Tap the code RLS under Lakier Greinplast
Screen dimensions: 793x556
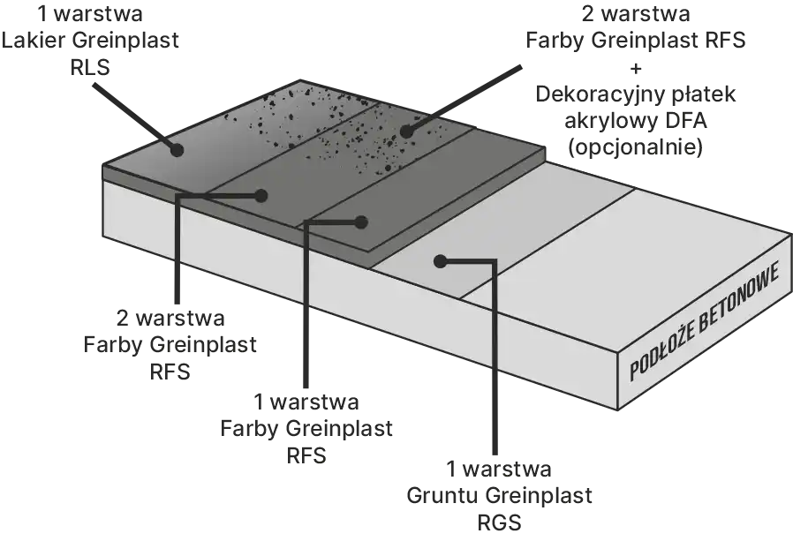(x=90, y=67)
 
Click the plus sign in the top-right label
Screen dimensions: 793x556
(x=636, y=68)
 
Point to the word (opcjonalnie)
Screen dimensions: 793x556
(x=636, y=147)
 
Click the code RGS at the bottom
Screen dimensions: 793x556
(x=499, y=522)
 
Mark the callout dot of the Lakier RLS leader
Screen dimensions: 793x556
(x=177, y=150)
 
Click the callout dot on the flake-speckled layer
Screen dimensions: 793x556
(x=406, y=131)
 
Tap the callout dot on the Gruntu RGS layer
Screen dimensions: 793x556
(x=441, y=261)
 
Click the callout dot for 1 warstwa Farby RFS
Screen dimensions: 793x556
(x=361, y=222)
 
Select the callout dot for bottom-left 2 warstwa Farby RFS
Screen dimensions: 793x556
(x=261, y=196)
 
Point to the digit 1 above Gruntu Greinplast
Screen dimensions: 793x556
(x=451, y=469)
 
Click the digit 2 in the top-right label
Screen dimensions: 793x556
(x=587, y=13)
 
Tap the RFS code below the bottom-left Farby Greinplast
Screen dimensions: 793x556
(x=170, y=372)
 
